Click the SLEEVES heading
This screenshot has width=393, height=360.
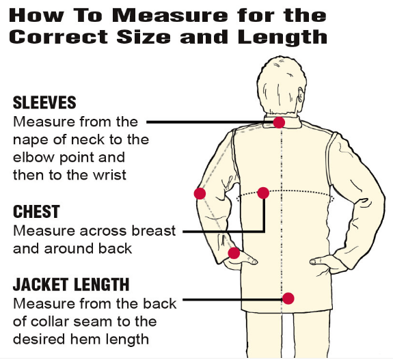coord(44,103)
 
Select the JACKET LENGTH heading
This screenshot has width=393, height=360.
coord(70,284)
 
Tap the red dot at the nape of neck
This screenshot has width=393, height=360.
coord(279,122)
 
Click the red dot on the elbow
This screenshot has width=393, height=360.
coord(200,193)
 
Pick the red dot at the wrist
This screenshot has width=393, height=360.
coord(234,253)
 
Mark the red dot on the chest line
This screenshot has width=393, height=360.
coord(263,193)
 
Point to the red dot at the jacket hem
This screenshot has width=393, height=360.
coord(288,298)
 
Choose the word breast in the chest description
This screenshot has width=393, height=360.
coord(151,231)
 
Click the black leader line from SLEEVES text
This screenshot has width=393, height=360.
coord(205,122)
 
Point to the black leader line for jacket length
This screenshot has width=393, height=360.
coord(232,299)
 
